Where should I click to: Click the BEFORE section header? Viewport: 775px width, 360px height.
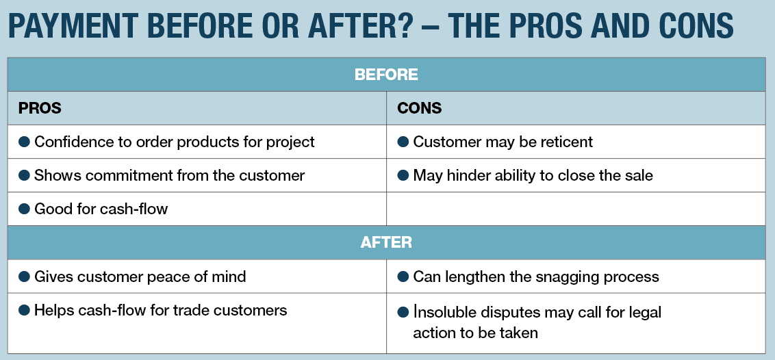point(386,75)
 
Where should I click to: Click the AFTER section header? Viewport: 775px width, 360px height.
point(386,242)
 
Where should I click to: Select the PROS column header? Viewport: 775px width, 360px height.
point(40,108)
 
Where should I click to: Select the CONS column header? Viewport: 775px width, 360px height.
point(419,108)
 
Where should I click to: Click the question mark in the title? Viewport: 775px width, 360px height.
point(403,25)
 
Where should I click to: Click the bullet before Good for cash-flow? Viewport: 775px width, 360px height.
point(24,209)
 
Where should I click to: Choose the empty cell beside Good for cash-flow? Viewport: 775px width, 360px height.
point(576,209)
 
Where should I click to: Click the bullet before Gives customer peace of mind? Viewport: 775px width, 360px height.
point(24,276)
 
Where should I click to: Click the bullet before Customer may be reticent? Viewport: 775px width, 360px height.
point(403,142)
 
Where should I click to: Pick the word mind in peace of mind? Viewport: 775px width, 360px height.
point(229,276)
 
